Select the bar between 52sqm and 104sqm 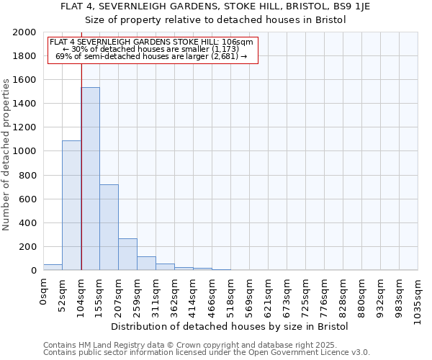pos(71,205)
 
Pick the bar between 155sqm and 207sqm pos(109,227)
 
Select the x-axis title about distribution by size pos(230,326)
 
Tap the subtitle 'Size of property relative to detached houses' pos(216,19)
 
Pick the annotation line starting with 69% pos(151,57)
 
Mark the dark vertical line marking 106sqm pos(81,166)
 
